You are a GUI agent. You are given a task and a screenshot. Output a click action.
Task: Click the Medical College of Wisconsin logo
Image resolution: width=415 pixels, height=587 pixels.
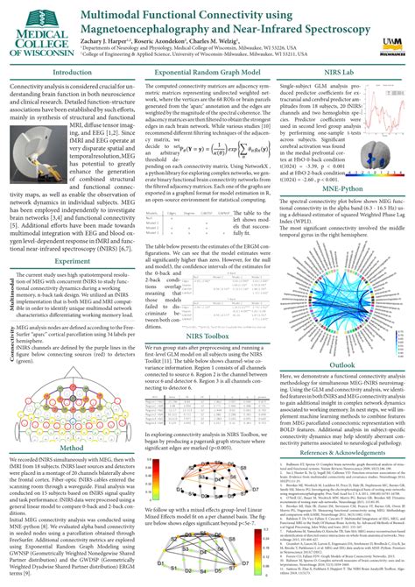coord(38,31)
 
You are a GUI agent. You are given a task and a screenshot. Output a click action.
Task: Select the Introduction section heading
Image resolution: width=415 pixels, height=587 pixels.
coord(71,73)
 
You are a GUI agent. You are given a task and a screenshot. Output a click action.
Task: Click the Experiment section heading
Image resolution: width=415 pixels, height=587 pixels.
coord(72,260)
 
